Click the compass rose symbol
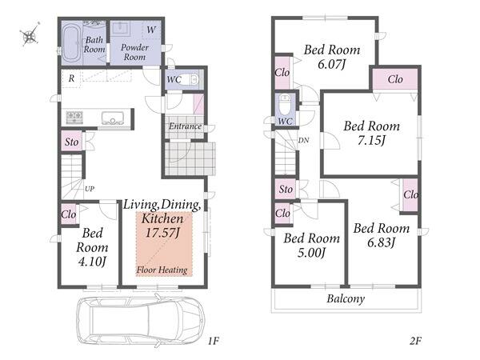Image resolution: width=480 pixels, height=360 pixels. click(30, 34)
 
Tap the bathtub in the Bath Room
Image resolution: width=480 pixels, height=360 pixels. click(72, 43)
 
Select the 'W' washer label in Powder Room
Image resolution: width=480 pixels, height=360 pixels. click(151, 30)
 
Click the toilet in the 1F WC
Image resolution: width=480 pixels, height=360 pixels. click(194, 79)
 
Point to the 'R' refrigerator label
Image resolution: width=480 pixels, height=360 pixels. click(71, 78)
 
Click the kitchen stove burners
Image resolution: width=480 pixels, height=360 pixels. click(74, 118)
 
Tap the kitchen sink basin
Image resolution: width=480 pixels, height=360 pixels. click(113, 118)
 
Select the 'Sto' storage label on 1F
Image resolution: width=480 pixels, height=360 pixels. click(72, 142)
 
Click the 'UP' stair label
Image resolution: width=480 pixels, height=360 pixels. click(90, 189)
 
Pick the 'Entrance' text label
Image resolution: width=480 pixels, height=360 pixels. click(186, 126)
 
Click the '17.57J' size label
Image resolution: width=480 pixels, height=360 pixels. click(162, 233)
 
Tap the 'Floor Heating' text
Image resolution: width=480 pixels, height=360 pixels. click(162, 270)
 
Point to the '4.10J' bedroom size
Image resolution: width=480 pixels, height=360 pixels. click(92, 262)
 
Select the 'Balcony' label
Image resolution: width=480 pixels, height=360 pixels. click(346, 298)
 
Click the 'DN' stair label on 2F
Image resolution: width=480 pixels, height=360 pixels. click(303, 141)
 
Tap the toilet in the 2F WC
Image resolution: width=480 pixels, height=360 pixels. click(285, 104)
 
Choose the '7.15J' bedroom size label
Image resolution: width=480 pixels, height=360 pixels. click(371, 141)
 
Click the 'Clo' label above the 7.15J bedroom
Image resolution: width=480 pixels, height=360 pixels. click(395, 79)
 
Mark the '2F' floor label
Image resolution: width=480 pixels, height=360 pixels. click(415, 341)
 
